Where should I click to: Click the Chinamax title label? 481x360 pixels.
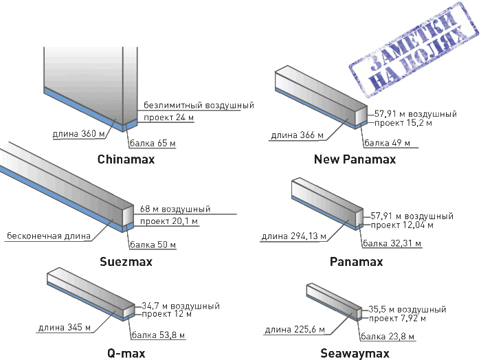(126, 159)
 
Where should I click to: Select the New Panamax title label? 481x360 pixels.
(355, 159)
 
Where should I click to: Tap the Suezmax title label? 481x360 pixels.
(126, 262)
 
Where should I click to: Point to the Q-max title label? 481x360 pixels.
(126, 353)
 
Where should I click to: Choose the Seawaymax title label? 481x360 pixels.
(355, 353)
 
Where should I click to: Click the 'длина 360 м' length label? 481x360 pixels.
(74, 133)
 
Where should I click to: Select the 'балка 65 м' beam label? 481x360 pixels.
(153, 144)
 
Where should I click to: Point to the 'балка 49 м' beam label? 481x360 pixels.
(386, 144)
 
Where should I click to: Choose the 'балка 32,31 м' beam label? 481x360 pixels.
(392, 243)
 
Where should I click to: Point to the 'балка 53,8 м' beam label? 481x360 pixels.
(155, 336)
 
